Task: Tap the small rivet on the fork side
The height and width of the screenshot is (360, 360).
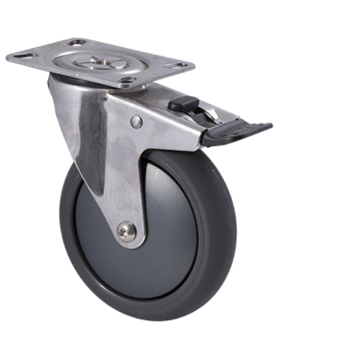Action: [135, 121]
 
